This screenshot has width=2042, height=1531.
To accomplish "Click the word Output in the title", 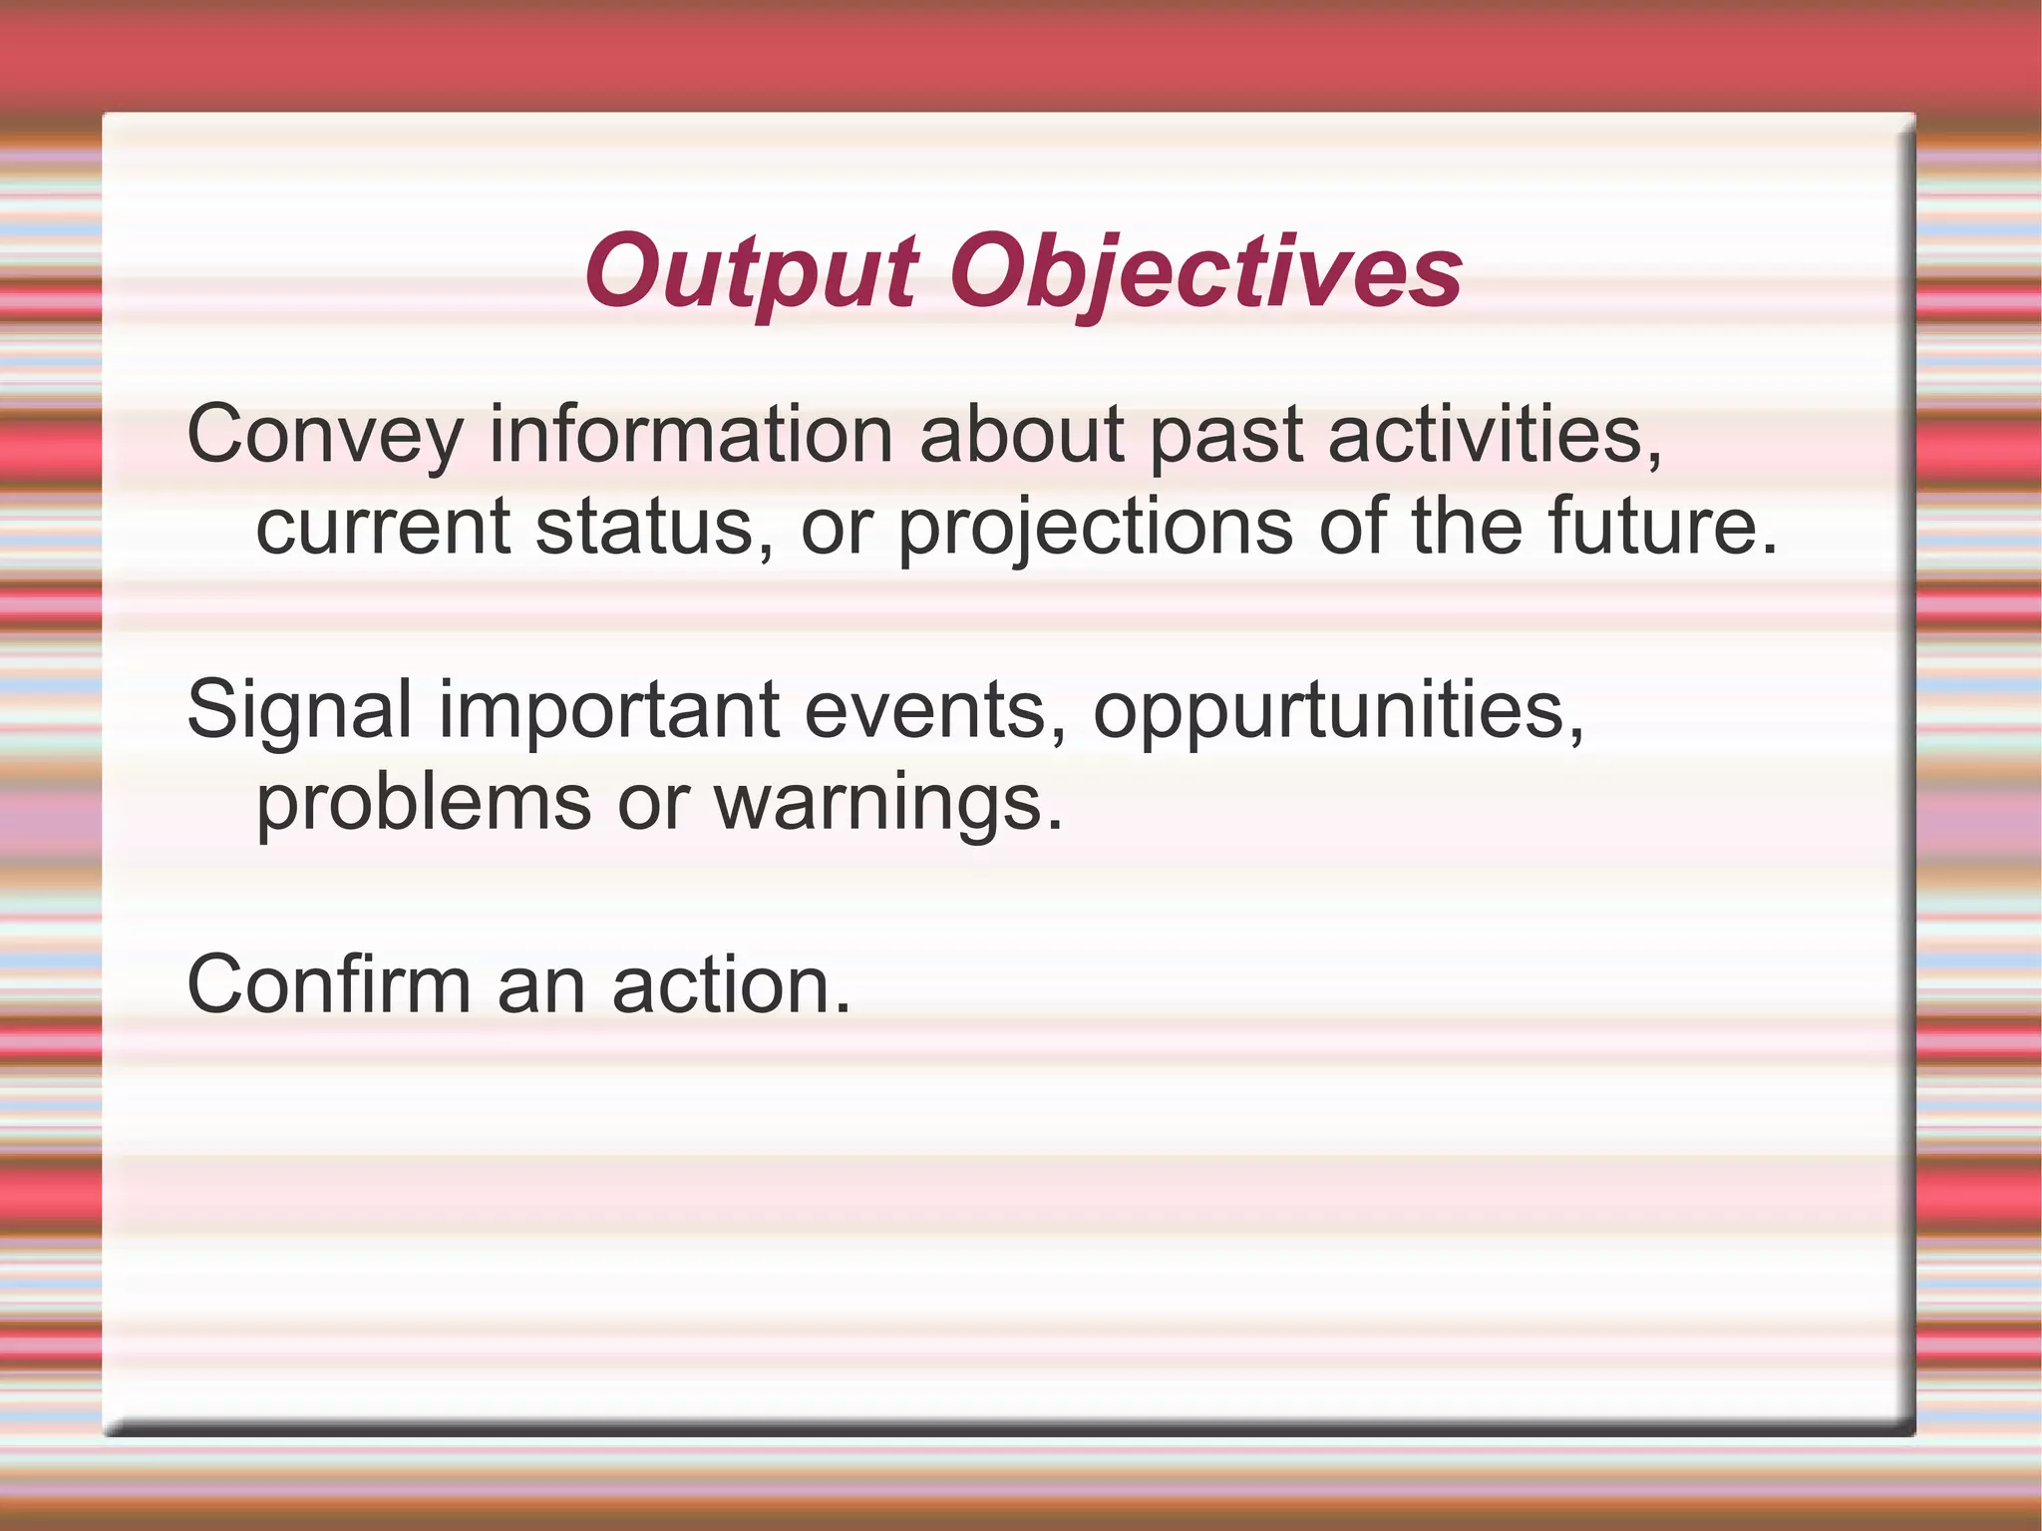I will click(750, 272).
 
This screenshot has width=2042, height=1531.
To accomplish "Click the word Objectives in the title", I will click(1205, 272).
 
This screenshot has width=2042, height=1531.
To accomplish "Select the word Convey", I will click(325, 435).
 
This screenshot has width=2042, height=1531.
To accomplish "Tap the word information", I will click(691, 435).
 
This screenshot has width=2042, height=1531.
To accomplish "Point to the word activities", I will click(1496, 435).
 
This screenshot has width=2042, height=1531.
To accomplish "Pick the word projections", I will click(1095, 527).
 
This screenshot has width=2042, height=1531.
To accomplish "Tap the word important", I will click(609, 710).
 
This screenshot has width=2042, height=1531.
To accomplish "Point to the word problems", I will click(424, 802).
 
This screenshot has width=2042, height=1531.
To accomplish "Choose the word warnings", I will click(888, 802).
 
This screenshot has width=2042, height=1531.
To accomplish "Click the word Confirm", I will click(328, 985).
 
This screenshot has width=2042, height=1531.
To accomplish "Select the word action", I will click(732, 985).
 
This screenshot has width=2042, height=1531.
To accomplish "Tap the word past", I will click(1225, 435).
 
